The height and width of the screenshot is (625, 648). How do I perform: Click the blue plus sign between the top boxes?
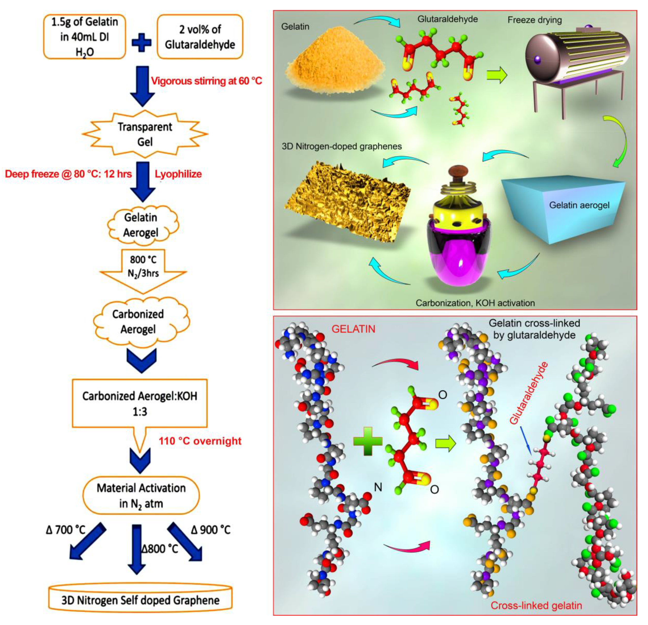[142, 43]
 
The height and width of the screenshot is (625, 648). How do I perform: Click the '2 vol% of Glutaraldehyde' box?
[200, 37]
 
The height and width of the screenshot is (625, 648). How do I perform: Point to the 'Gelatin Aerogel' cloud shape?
[141, 225]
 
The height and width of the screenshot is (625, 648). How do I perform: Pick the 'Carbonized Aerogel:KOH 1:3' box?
[140, 403]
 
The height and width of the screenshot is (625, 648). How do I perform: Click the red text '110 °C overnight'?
[200, 441]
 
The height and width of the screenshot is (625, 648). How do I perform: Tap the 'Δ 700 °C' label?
[66, 530]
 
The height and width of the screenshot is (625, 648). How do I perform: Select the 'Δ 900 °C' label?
[211, 530]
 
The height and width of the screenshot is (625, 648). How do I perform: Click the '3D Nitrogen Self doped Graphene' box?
[140, 600]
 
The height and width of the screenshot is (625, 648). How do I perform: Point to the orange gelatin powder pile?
[334, 71]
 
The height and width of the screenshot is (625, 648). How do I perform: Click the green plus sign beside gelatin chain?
[368, 441]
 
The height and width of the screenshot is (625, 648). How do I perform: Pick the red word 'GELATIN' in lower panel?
[353, 329]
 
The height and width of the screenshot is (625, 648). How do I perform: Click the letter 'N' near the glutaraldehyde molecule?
[378, 487]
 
